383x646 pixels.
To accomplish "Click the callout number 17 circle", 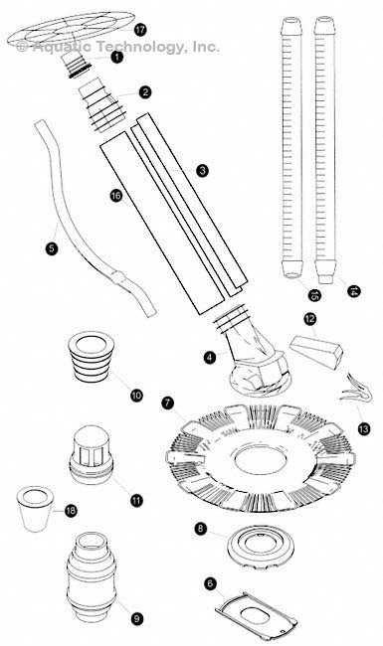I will [x=140, y=31].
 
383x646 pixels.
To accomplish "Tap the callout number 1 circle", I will [x=117, y=59].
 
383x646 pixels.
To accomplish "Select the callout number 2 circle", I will [x=145, y=92].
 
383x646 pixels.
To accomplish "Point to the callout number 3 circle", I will [x=202, y=171].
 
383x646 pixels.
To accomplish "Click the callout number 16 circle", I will [x=115, y=198].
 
